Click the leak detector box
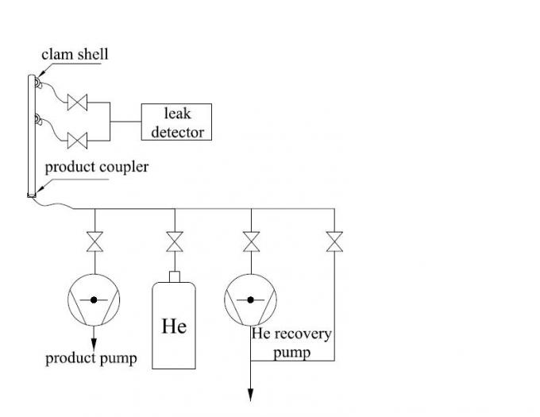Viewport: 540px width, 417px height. pos(177,122)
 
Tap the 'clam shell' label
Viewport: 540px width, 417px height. pos(75,55)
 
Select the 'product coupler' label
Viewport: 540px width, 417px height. pos(96,168)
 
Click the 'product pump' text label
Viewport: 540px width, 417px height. pos(91,358)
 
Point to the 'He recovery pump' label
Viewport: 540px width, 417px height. pos(291,342)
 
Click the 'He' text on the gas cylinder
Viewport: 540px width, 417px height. pos(174,326)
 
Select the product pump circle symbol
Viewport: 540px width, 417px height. pos(94,299)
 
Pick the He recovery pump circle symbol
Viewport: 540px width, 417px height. pos(251,299)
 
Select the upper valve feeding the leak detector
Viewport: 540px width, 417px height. pos(77,102)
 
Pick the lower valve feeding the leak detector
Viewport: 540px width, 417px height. pos(77,141)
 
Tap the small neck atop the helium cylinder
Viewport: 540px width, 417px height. pos(174,276)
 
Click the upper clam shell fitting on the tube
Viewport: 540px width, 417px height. pos(37,82)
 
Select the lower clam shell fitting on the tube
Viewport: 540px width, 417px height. pos(37,121)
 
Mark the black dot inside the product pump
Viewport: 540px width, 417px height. pos(94,299)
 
